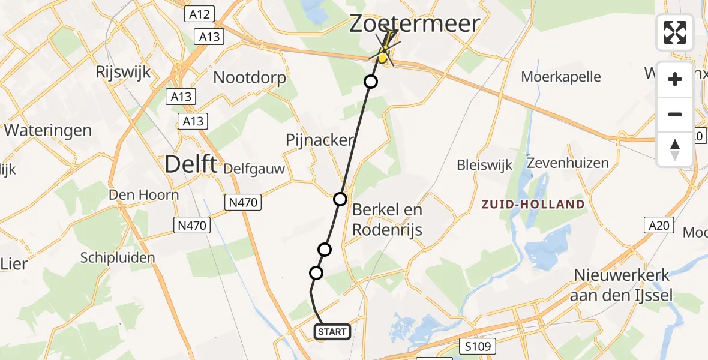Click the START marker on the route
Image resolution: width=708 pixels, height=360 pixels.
[x=332, y=332]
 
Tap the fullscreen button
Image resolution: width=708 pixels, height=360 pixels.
[x=675, y=32]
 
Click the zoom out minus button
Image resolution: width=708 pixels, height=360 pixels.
[x=675, y=114]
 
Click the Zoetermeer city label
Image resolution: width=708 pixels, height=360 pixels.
[x=415, y=24]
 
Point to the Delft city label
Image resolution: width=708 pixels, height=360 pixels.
[x=190, y=163]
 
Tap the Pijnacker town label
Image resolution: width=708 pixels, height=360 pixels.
[x=319, y=140]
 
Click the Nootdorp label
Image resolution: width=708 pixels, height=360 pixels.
[x=250, y=77]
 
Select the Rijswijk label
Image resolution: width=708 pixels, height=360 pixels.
[x=123, y=72]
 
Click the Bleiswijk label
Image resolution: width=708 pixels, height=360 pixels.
[x=484, y=164]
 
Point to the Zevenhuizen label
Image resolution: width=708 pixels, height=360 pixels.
[x=568, y=163]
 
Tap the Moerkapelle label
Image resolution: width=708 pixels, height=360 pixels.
[x=561, y=77]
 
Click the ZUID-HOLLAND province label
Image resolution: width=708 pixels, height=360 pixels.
[x=533, y=204]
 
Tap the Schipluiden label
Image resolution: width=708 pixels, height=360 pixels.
[x=118, y=258]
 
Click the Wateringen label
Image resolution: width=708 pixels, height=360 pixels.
[x=48, y=130]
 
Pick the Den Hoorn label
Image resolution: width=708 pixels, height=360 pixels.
[x=143, y=194]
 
